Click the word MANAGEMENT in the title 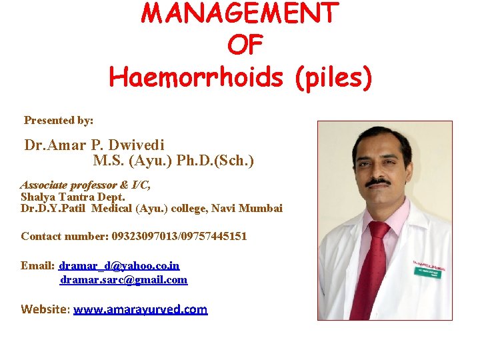coord(240,13)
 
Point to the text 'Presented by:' coord(59,121)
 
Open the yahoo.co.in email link coord(119,265)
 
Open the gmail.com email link coord(124,280)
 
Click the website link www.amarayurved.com coord(141,309)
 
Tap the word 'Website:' coord(45,309)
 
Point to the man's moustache coord(378,181)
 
